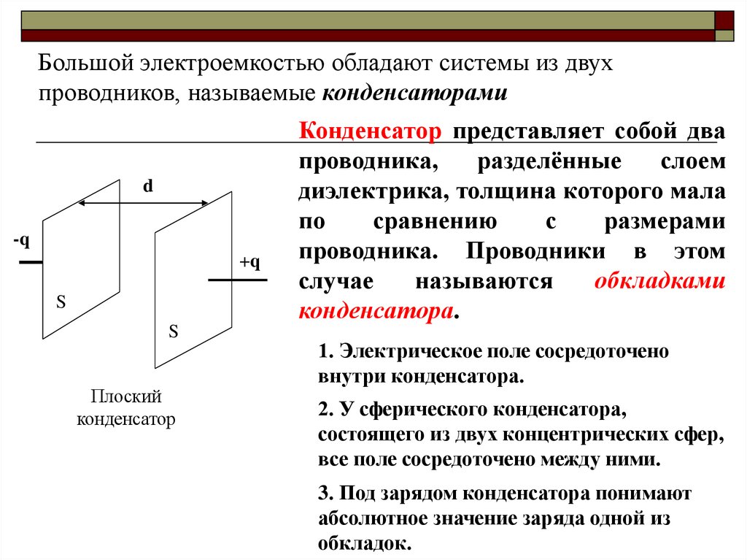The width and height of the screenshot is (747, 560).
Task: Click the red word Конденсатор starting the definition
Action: point(371,132)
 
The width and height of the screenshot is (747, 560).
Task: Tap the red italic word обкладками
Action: point(659,282)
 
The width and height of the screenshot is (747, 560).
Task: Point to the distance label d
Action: point(148,186)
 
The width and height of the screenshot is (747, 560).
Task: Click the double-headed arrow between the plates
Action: point(144,203)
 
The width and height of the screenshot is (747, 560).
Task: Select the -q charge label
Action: point(21,241)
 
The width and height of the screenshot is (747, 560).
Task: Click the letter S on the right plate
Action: point(174,331)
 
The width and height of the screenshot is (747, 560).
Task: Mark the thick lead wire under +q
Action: point(237,280)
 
